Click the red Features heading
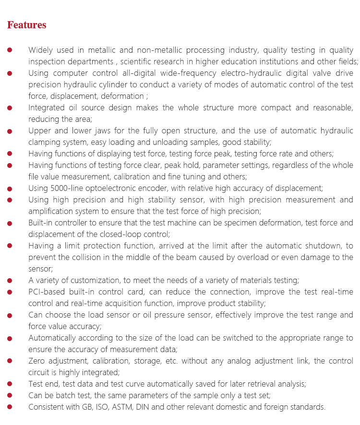tap(27, 25)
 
